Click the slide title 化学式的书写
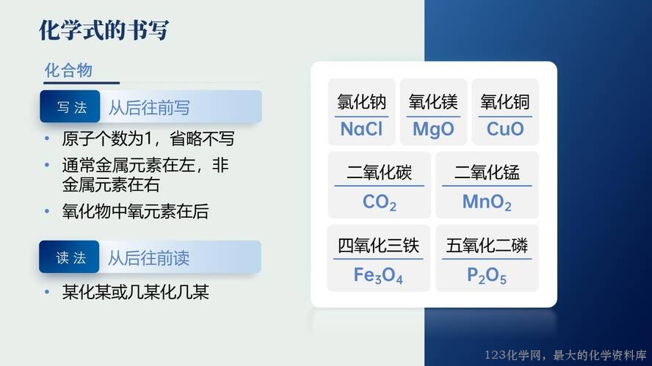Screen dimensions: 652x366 (104, 30)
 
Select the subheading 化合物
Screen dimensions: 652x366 (68, 70)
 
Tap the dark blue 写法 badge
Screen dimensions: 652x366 (70, 106)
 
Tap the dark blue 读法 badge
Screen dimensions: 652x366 (69, 257)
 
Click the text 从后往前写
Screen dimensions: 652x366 (149, 108)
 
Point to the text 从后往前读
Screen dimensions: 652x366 (148, 258)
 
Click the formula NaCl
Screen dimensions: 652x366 (361, 129)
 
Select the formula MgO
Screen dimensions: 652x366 (433, 130)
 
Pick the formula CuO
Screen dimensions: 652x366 (505, 129)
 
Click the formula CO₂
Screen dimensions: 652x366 (379, 202)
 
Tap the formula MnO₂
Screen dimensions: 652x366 (487, 202)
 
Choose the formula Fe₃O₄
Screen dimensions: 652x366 (378, 276)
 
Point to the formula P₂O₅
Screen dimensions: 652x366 (487, 276)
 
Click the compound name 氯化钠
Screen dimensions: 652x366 (361, 102)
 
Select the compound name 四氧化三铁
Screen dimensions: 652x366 (378, 246)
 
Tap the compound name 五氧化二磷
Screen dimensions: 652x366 (487, 246)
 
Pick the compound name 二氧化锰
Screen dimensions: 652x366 (487, 172)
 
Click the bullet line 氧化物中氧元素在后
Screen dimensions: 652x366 (135, 211)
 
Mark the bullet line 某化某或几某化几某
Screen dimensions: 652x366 (135, 292)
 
